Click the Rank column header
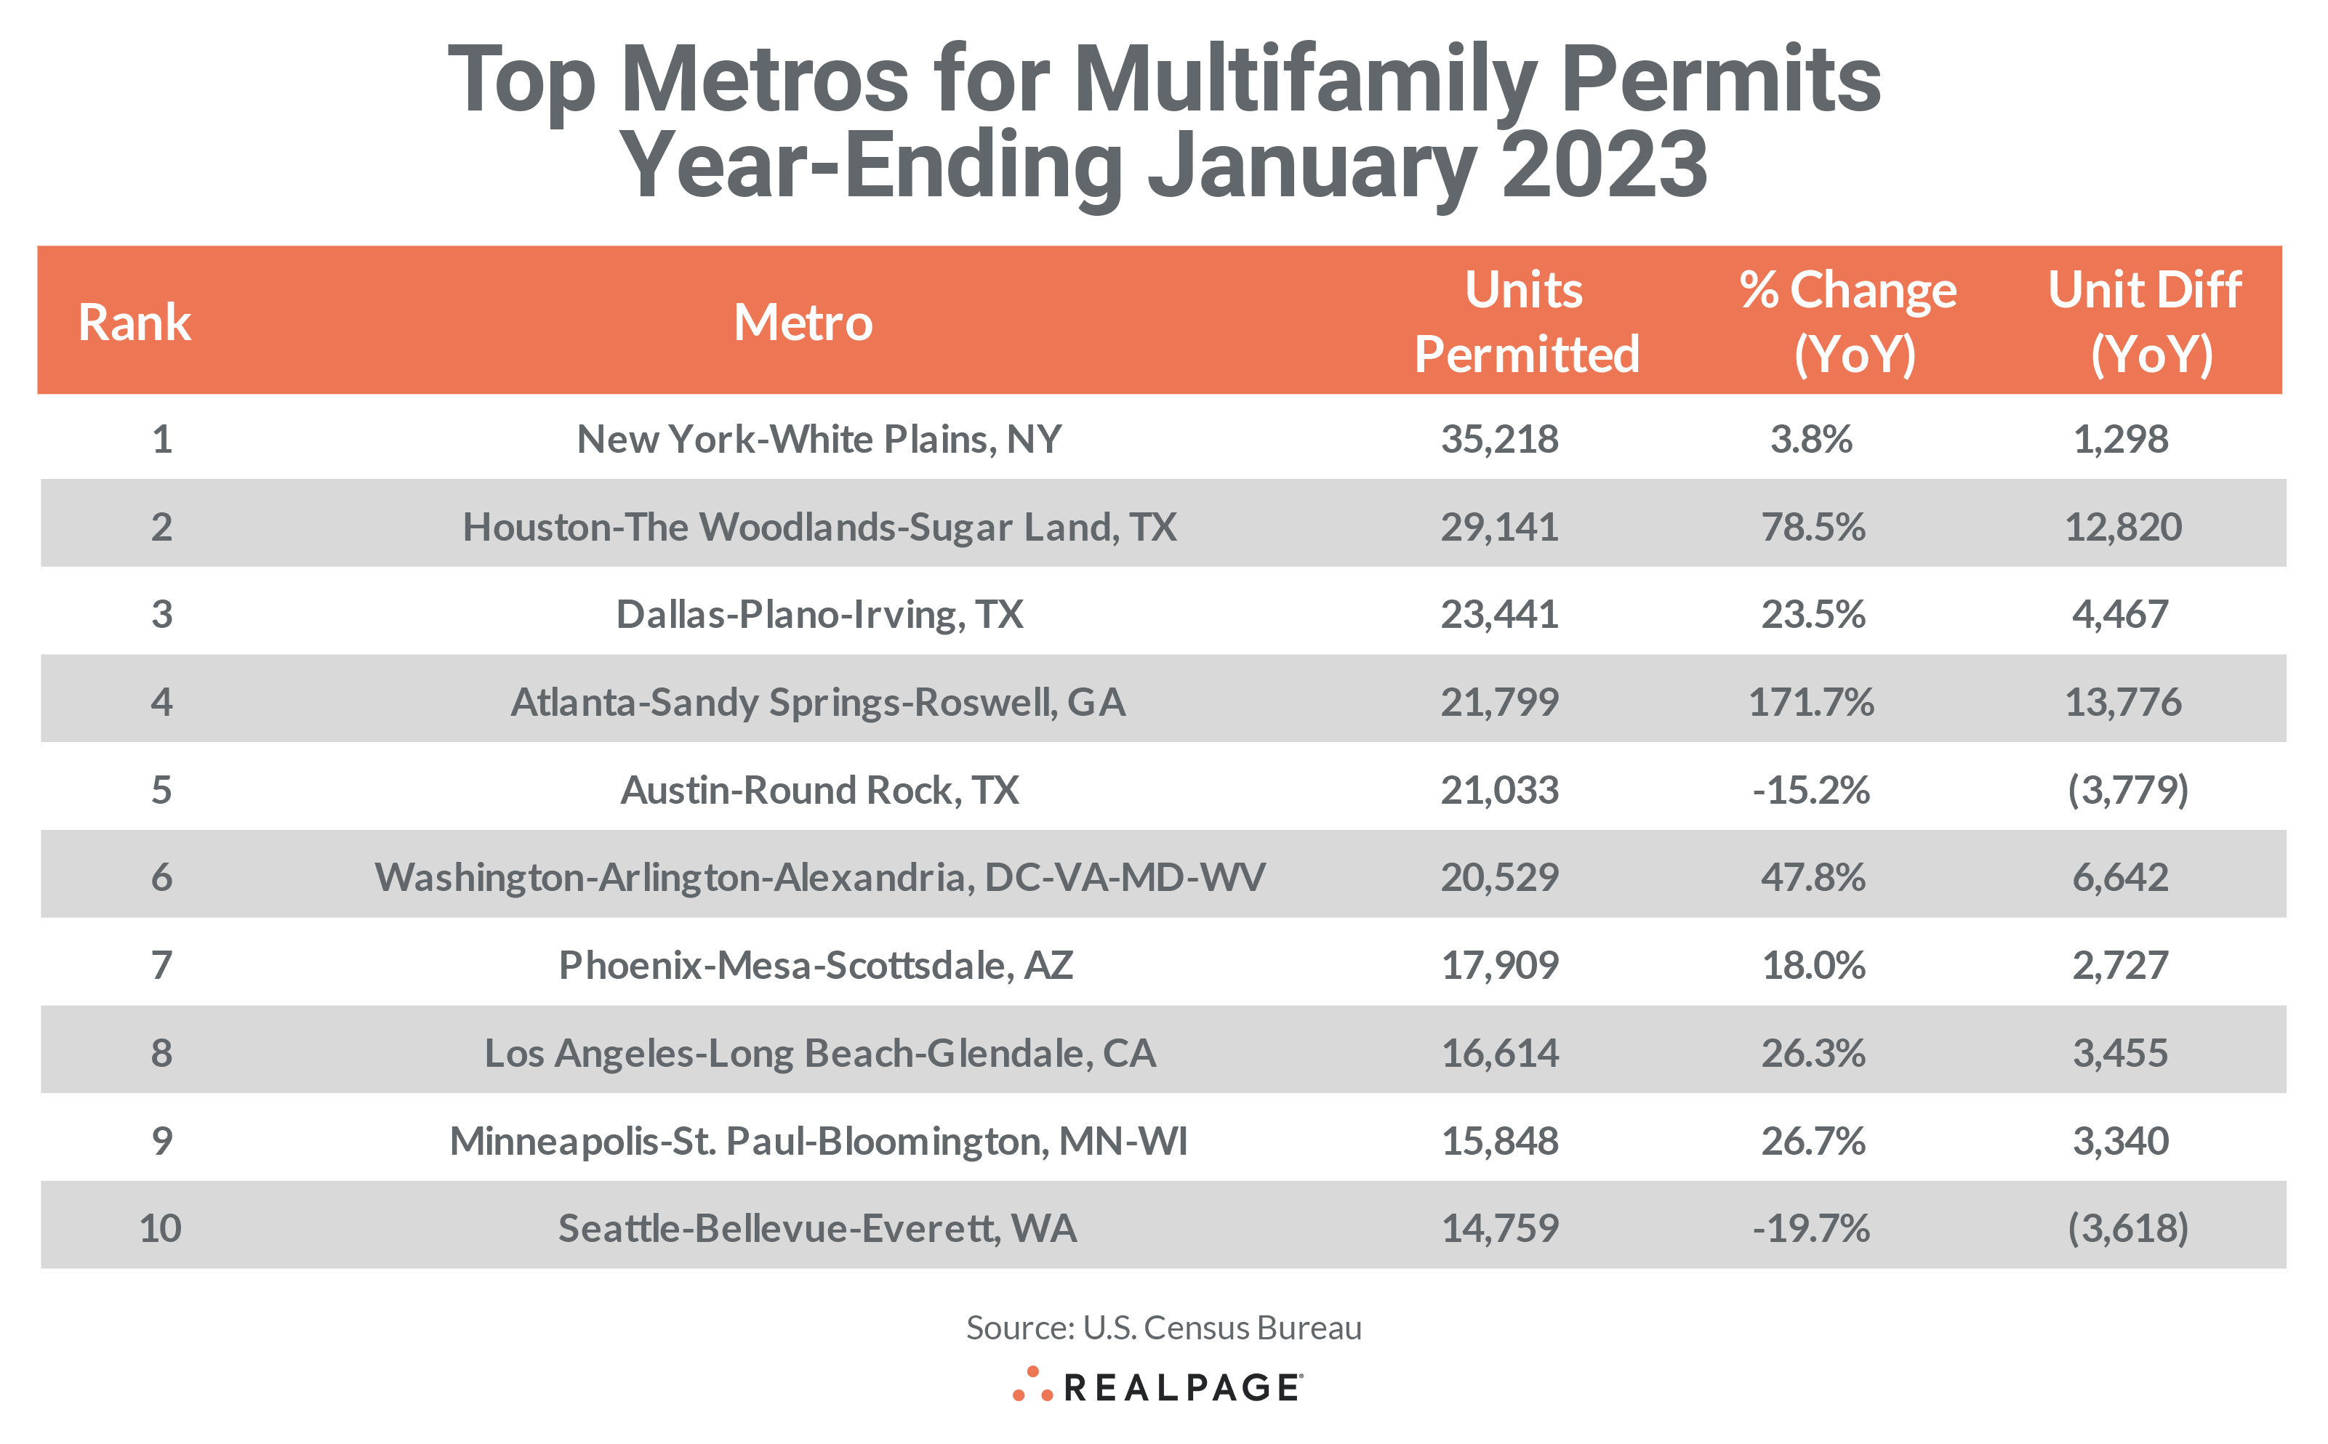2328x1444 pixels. tap(135, 322)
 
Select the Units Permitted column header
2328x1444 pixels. tap(1525, 322)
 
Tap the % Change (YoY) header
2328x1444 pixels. tap(1847, 322)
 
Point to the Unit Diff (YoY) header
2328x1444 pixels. tap(2146, 322)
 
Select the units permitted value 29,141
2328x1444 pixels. tap(1499, 527)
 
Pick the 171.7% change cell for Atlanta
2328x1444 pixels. tap(1811, 703)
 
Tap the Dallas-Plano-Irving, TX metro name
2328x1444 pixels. tap(819, 615)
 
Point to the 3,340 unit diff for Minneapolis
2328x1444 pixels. tap(2121, 1141)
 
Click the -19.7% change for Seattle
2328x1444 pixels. tap(1811, 1229)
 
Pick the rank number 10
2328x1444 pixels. tap(161, 1229)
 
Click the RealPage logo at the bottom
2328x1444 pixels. tap(1157, 1387)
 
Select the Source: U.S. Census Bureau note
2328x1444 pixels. tap(1163, 1328)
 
